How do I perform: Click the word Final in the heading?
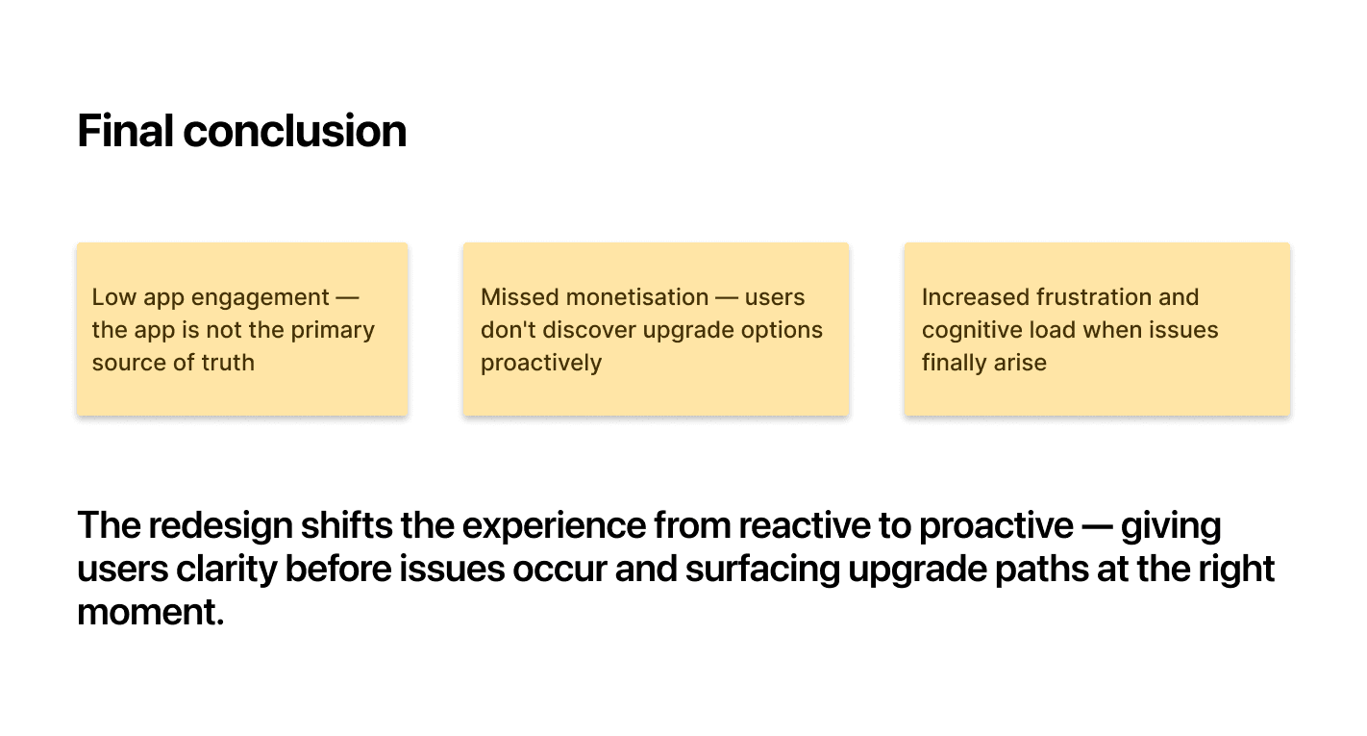pos(125,131)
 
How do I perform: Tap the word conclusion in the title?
pos(295,131)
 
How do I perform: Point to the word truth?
pos(228,363)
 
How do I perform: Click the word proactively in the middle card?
pos(541,364)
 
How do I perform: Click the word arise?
pos(1020,363)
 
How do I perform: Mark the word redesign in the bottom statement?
pos(221,526)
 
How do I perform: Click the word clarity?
pos(227,570)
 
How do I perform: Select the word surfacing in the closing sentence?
pos(763,570)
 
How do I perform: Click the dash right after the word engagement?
pos(348,298)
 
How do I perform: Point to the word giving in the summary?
pos(1171,526)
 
